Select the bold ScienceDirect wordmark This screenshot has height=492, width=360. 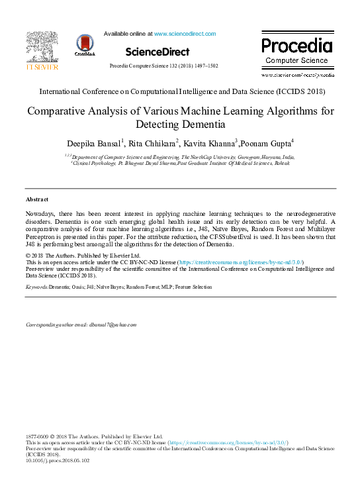pos(157,52)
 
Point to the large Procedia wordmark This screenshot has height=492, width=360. pos(296,46)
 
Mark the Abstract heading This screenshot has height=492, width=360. pos(37,199)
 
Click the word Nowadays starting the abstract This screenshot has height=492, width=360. pos(42,213)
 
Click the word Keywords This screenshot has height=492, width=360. pos(36,287)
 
